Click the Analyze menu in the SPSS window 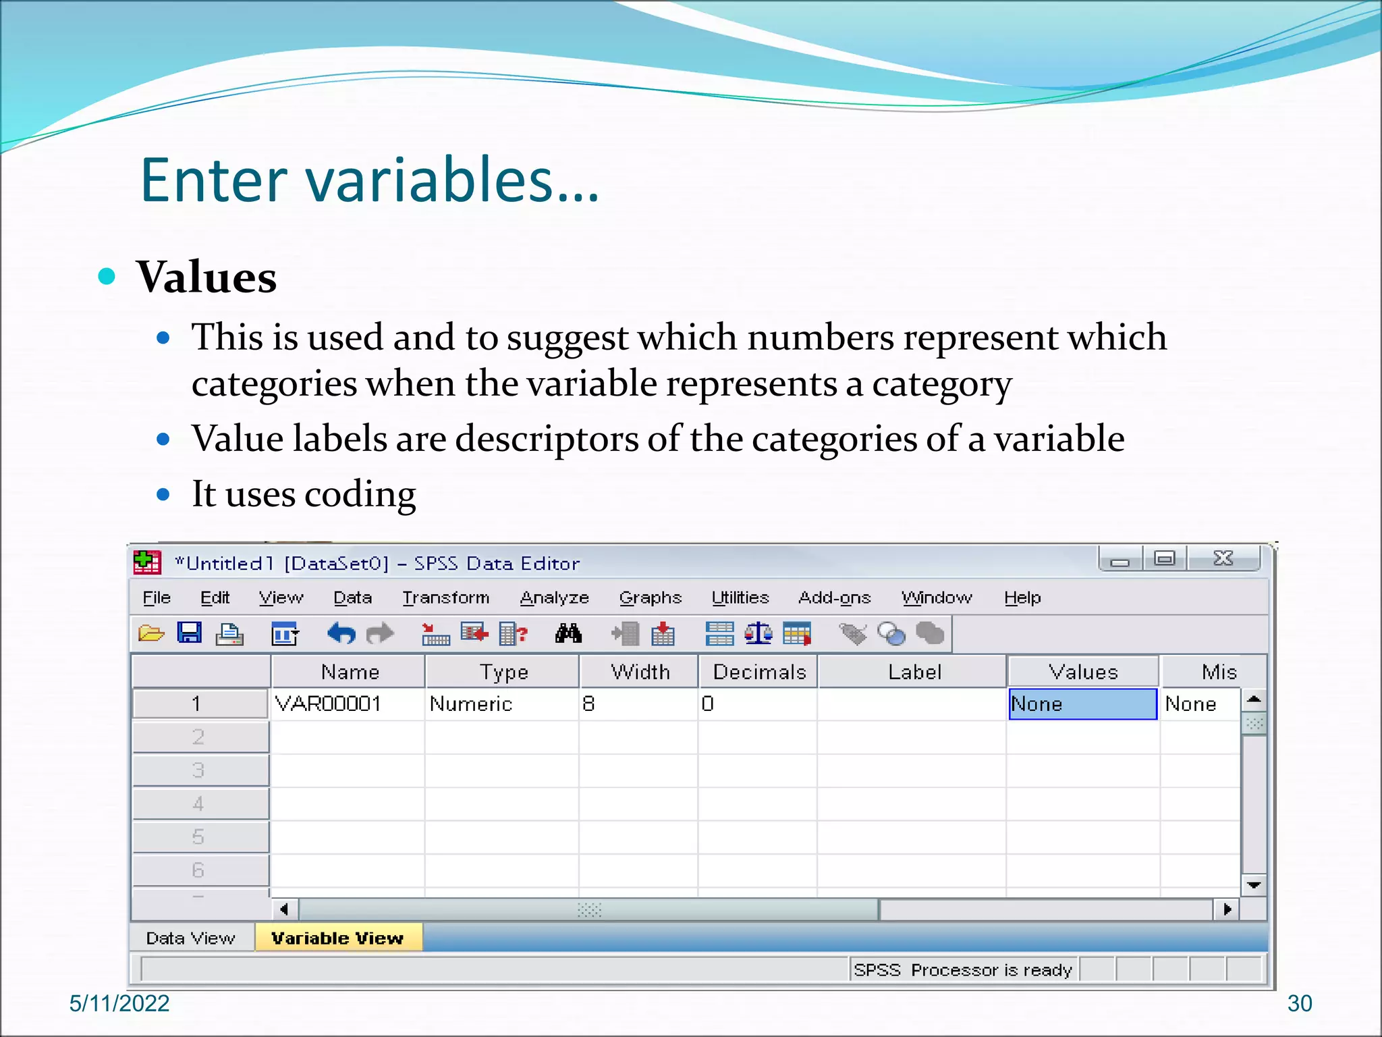click(554, 597)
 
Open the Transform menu click(445, 597)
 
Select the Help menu click(1022, 597)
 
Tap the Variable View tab click(337, 938)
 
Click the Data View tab click(190, 938)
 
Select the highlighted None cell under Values click(1082, 704)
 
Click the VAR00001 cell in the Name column click(329, 704)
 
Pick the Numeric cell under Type click(471, 704)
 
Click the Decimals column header click(759, 672)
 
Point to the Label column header click(914, 672)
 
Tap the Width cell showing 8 click(589, 704)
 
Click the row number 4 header click(198, 803)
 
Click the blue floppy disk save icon click(190, 633)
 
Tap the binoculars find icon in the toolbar click(568, 633)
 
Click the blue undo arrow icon click(341, 633)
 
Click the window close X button click(1223, 558)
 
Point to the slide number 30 click(1299, 1003)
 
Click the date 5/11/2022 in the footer click(119, 1003)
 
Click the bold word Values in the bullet click(207, 277)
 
